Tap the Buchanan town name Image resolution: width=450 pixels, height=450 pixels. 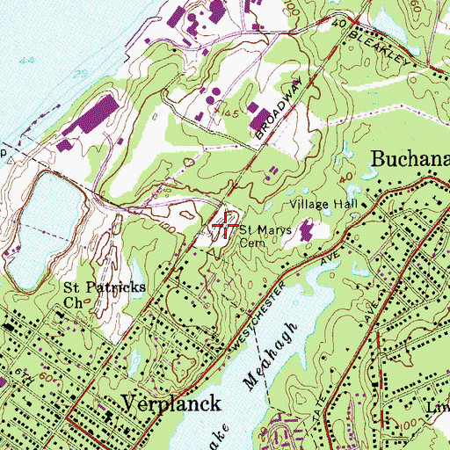pos(410,159)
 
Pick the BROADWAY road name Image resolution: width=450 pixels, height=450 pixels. pos(280,112)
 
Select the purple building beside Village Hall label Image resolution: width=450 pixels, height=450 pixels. pos(306,232)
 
